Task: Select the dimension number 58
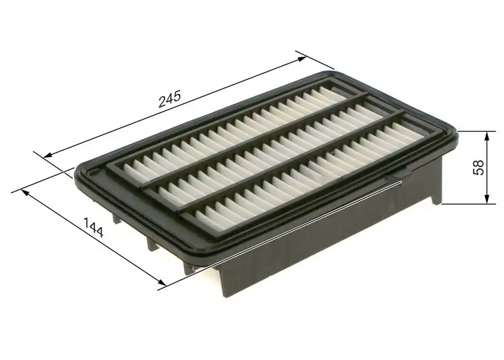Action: [478, 167]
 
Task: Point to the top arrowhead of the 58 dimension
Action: [486, 135]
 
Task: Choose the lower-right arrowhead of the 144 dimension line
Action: [163, 285]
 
